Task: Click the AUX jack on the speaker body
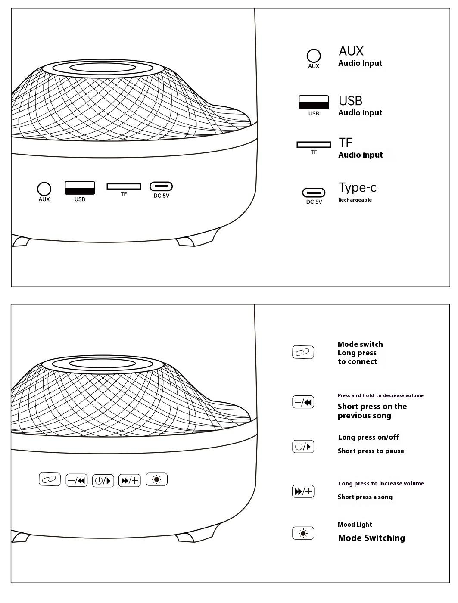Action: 44,189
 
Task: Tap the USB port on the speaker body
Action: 80,188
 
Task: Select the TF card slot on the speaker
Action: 124,186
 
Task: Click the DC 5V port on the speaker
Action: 161,186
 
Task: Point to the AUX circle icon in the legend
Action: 314,56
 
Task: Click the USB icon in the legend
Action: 314,102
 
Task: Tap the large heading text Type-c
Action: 357,188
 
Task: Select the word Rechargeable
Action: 355,200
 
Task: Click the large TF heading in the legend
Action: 345,143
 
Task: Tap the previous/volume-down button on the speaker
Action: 77,480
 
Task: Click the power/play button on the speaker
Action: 103,481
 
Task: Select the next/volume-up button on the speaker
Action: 129,480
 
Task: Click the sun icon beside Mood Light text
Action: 303,533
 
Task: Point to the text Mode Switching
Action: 371,538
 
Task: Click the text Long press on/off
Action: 368,437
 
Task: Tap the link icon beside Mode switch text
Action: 303,352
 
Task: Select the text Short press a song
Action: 365,497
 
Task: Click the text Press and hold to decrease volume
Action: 380,395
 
